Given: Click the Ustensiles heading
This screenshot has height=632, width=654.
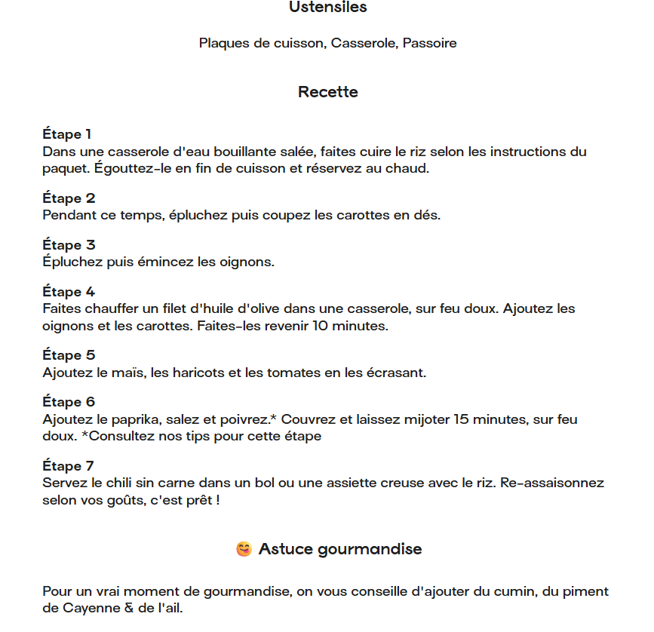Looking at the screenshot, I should pyautogui.click(x=327, y=8).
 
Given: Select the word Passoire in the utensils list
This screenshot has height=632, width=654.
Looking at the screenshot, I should pyautogui.click(x=429, y=43).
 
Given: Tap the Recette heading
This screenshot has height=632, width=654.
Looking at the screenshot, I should pyautogui.click(x=327, y=92).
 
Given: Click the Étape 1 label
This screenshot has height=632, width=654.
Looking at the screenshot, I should pyautogui.click(x=67, y=135).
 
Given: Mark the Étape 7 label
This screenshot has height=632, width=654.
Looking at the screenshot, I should pyautogui.click(x=68, y=466).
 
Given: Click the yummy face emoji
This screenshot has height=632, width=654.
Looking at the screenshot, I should pyautogui.click(x=243, y=549).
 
